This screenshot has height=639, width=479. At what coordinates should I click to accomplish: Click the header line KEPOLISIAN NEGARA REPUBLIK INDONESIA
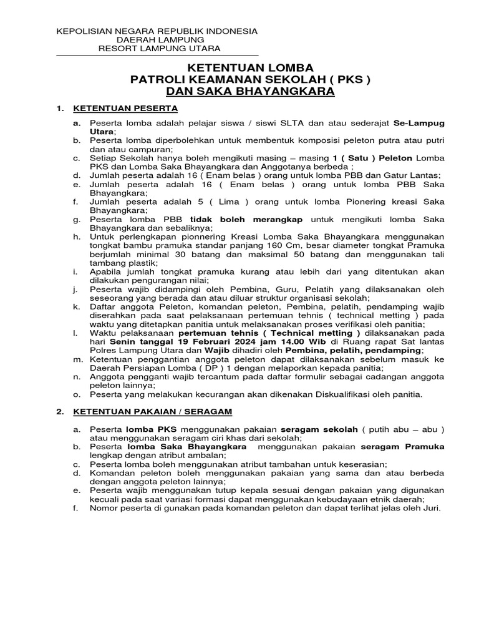[157, 31]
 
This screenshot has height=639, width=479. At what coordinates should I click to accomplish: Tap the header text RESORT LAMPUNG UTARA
[159, 49]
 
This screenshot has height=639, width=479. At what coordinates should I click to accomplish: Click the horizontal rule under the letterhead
[157, 56]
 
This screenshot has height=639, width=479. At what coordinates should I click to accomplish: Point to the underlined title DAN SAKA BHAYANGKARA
[249, 92]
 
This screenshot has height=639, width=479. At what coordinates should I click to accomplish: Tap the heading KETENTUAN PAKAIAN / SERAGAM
[153, 412]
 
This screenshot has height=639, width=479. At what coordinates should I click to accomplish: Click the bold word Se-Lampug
[419, 124]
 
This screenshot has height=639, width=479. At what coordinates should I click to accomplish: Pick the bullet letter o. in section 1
[77, 394]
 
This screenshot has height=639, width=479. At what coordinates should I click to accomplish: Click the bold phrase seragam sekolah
[319, 429]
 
